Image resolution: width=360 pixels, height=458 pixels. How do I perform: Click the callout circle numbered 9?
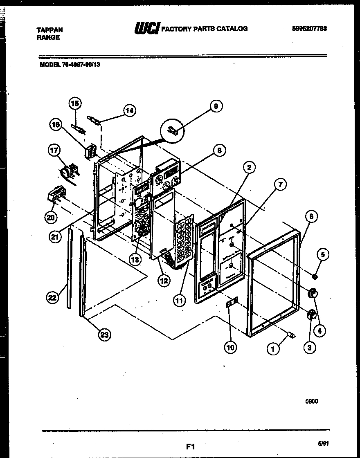click(216, 106)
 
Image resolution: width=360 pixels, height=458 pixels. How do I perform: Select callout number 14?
click(129, 110)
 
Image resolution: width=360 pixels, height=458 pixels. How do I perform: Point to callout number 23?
click(105, 335)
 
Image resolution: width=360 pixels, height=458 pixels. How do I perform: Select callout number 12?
click(163, 281)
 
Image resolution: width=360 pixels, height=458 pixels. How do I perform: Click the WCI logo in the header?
click(146, 29)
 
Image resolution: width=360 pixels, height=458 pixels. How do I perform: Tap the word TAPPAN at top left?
click(49, 30)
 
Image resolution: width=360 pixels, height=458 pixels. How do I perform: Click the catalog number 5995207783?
click(309, 29)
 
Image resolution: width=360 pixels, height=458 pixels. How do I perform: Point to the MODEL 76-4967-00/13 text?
click(70, 64)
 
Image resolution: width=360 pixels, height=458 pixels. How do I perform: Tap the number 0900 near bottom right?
click(311, 401)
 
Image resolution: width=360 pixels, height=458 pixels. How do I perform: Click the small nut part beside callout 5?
click(314, 277)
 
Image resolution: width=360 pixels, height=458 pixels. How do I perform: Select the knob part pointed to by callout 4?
click(313, 293)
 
